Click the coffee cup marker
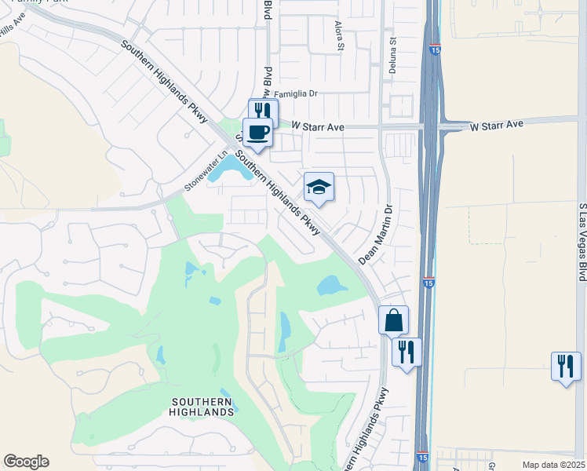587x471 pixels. pos(257,132)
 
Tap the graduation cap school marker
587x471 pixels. pos(319,187)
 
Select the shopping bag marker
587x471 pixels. pos(393,320)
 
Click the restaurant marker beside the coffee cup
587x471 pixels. pos(263,112)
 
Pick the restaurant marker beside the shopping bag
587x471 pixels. pos(407,351)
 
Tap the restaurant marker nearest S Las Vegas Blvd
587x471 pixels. pos(566,366)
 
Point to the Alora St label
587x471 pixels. pos(340,36)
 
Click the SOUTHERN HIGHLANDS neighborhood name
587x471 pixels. pos(202,406)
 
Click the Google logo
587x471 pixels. pos(26,462)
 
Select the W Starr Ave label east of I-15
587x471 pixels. pos(497,125)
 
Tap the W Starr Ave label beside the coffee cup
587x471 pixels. pos(318,126)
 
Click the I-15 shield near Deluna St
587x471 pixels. pos(434,49)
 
